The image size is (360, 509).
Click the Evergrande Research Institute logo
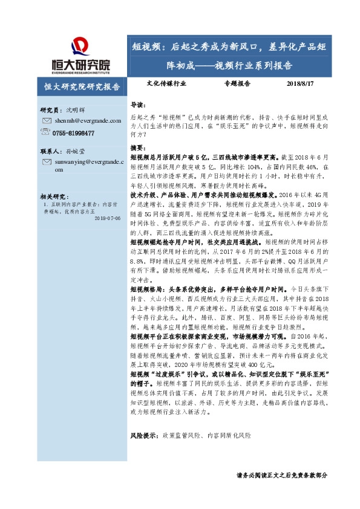point(80,55)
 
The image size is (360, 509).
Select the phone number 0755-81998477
point(73,133)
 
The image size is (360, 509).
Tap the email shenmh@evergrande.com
point(79,121)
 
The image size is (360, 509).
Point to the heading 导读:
point(138,104)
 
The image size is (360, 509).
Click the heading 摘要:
point(138,148)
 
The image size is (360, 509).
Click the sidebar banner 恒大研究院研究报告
point(82,86)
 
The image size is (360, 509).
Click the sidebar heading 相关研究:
point(55,197)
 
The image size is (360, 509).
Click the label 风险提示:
point(145,418)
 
